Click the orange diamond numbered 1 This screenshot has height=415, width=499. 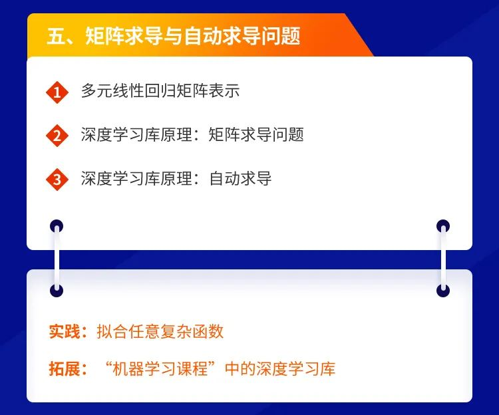pos(57,92)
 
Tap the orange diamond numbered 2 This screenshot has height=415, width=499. pos(57,136)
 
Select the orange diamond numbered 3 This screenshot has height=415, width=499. pos(57,180)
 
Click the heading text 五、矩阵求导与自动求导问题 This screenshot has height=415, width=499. pos(174,35)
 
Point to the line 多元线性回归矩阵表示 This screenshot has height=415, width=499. pos(160,90)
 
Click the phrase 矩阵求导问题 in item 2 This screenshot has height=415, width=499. pos(256,134)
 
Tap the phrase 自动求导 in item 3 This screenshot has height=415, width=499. pos(240,178)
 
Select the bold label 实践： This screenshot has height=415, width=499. pos(68,331)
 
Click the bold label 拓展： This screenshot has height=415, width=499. pos(68,369)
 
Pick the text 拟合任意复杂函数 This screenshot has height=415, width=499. pos(160,331)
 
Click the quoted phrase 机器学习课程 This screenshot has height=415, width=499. pos(160,369)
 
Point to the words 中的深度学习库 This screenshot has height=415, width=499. pos(280,369)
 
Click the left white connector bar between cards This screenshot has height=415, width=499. pos(57,258)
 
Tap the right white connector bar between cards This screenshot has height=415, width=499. pos(443,258)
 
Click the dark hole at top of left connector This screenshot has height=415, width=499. pos(57,226)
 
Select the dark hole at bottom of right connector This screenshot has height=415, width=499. pos(443,291)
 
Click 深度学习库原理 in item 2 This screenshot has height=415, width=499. pos(136,134)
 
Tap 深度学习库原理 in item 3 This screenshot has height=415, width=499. pos(136,178)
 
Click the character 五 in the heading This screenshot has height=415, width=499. pos(56,36)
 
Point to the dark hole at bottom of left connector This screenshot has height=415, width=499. pos(57,291)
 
